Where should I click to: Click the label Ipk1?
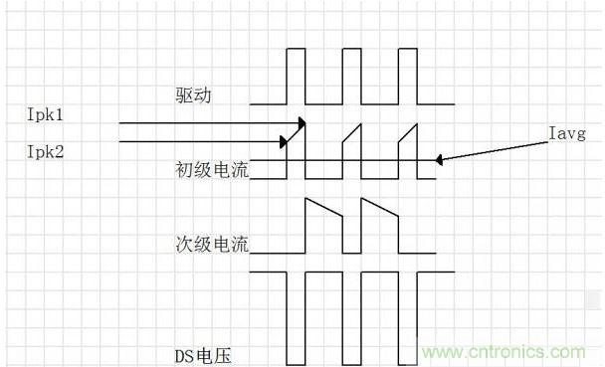tap(47, 115)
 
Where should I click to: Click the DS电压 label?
tap(203, 353)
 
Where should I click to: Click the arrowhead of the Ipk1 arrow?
tap(301, 124)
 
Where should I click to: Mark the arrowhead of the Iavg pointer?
tap(440, 159)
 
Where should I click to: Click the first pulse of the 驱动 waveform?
tap(295, 76)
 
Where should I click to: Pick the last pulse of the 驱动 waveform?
tap(409, 76)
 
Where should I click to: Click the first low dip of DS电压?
tap(295, 318)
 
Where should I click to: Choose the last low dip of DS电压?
tap(409, 318)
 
